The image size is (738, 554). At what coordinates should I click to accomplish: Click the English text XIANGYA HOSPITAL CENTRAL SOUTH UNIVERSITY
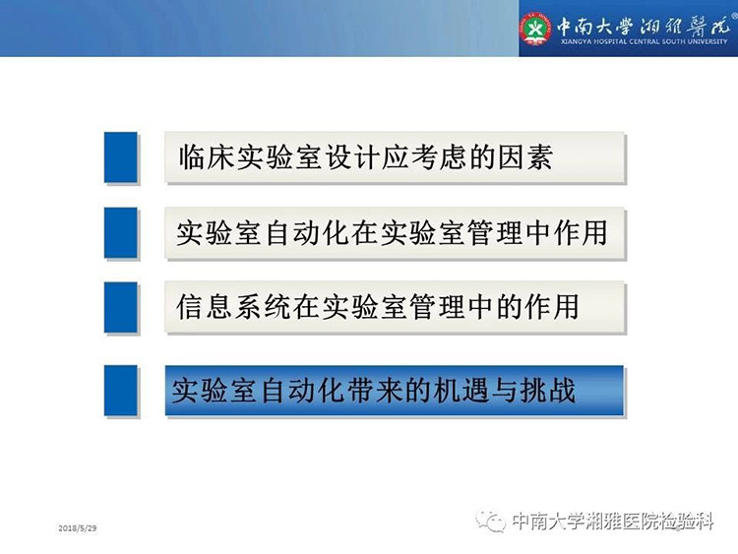point(645,41)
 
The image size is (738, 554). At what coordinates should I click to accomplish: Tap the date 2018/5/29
point(78,528)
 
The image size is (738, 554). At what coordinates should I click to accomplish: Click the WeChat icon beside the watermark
point(490,522)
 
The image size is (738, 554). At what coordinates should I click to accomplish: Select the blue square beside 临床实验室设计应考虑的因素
point(121,157)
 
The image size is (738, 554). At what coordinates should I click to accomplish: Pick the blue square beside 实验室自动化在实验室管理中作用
point(121,232)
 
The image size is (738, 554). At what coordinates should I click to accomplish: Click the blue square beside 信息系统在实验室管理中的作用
point(121,307)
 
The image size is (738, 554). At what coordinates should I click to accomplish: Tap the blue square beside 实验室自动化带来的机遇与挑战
point(121,391)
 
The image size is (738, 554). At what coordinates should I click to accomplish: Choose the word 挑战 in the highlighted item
point(548,391)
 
